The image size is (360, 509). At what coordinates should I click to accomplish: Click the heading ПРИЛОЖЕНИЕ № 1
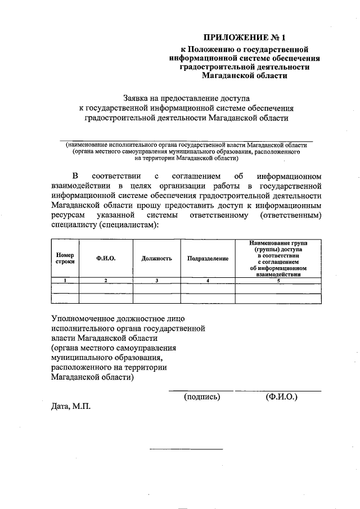[245, 38]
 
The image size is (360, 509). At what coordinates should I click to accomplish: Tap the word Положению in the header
[210, 50]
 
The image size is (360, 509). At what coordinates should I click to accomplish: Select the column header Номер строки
[65, 258]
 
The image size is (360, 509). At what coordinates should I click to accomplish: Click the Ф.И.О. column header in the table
[106, 258]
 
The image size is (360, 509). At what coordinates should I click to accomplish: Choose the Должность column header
[156, 258]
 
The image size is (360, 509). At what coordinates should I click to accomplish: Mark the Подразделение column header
[208, 258]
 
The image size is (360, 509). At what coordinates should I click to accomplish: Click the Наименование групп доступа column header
[278, 258]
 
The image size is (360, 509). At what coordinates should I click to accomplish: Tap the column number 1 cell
[65, 280]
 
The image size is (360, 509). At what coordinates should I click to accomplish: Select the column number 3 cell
[156, 280]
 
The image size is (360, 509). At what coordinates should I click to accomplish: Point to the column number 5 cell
[278, 280]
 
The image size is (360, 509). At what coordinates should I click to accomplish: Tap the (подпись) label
[202, 397]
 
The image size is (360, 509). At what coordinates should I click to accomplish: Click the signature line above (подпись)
[201, 390]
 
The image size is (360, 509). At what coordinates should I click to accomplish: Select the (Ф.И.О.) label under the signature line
[281, 397]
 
